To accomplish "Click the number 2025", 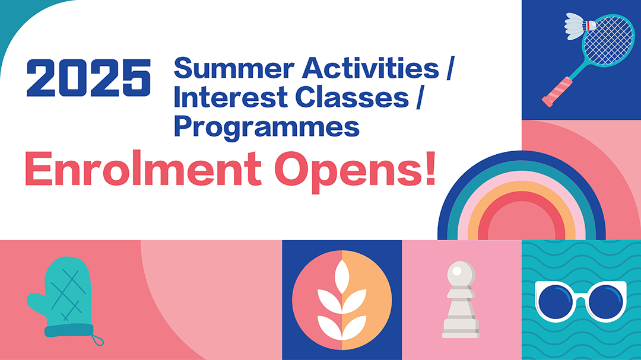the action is [x=88, y=78].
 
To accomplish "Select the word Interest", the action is [x=231, y=97].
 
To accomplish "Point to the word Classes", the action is [x=352, y=97].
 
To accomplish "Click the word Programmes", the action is [x=267, y=128].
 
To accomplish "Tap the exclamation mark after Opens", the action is [x=430, y=168].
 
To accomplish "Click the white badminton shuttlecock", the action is [x=579, y=26].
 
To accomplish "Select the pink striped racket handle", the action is [x=557, y=92].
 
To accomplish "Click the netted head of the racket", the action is [x=608, y=40].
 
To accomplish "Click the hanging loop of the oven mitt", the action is [x=97, y=340].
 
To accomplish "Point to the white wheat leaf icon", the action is [x=342, y=300].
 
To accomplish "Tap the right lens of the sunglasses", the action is [x=606, y=302].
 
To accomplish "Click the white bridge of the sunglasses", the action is [x=581, y=301].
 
